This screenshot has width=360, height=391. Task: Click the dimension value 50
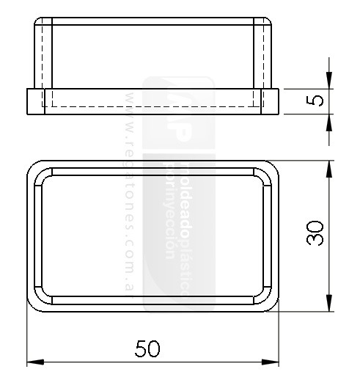(148, 348)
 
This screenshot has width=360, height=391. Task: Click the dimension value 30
(316, 235)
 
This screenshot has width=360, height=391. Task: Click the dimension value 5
(316, 101)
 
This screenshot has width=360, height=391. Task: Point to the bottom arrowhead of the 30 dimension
(329, 302)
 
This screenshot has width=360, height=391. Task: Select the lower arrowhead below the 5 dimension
(329, 122)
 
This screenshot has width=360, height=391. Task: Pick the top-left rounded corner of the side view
(39, 23)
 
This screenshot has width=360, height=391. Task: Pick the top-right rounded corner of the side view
(268, 23)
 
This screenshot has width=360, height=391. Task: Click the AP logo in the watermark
(176, 110)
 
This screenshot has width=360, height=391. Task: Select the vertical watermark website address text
(131, 191)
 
